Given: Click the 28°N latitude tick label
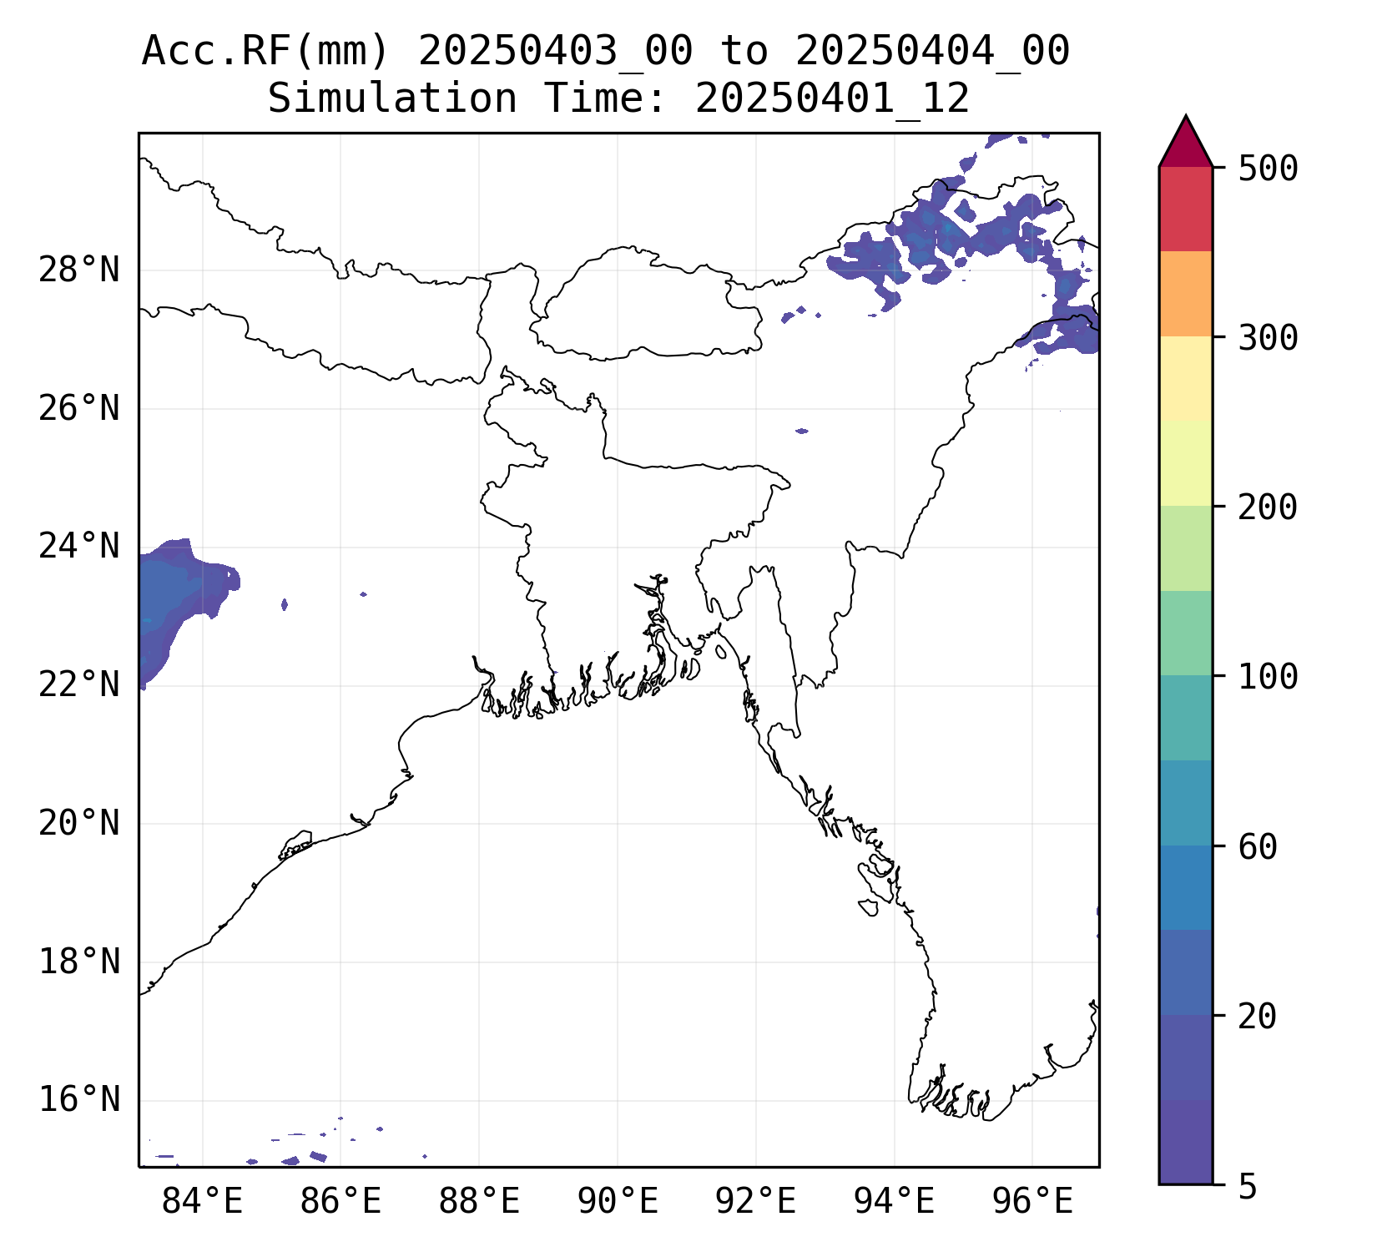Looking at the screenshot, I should pos(79,270).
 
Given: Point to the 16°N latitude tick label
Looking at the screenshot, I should pos(79,1100).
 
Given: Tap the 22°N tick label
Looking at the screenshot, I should pos(79,685).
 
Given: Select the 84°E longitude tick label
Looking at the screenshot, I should pos(202,1202).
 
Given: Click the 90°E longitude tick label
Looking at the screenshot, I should pos(618,1202).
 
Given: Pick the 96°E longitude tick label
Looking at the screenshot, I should pos(1032,1202).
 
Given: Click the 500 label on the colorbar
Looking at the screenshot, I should pos(1268,169).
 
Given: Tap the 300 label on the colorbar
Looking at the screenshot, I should pos(1268,338).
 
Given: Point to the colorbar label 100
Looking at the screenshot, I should pos(1268,677).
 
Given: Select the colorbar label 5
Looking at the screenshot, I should pos(1248,1186).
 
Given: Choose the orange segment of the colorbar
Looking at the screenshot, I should pos(1185,294).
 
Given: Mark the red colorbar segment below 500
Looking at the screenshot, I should pos(1185,209).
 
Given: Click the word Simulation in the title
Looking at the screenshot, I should pos(391,98).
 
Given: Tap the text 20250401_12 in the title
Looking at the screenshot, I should pos(832,98).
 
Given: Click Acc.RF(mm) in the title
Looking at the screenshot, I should pos(265,52).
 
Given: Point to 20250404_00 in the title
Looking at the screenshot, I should pos(932,52).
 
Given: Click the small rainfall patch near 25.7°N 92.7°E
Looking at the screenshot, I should pos(802,431).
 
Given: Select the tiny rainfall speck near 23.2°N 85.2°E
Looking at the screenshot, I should pos(285,604).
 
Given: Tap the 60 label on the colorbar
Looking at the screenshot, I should pos(1258,846).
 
